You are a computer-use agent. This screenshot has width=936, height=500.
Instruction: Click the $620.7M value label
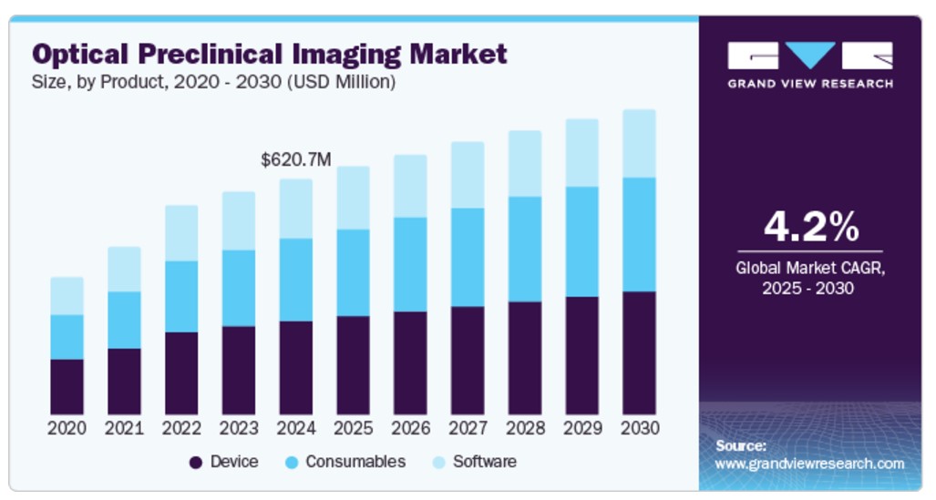point(295,160)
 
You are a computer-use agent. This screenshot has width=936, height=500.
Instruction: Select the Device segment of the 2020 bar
point(67,387)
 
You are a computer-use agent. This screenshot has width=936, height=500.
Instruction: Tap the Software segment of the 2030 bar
point(639,144)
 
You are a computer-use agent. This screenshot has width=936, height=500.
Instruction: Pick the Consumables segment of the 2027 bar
point(468,257)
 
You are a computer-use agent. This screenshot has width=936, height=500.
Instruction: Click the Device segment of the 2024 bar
point(295,367)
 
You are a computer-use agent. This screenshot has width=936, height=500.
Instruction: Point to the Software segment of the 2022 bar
point(181,233)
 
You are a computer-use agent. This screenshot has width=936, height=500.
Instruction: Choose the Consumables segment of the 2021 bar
point(124,320)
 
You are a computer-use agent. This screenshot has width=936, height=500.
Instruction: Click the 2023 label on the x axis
point(239,428)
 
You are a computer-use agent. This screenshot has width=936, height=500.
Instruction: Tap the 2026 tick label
point(410,428)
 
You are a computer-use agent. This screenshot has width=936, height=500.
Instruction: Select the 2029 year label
point(582,428)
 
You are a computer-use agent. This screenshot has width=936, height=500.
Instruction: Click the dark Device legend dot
point(195,463)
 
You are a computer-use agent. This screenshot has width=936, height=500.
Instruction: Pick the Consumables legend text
point(355,462)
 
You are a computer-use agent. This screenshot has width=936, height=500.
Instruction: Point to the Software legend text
point(485,462)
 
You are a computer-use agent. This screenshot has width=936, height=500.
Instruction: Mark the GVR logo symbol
point(810,56)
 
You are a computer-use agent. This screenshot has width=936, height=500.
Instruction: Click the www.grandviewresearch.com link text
point(809,464)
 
